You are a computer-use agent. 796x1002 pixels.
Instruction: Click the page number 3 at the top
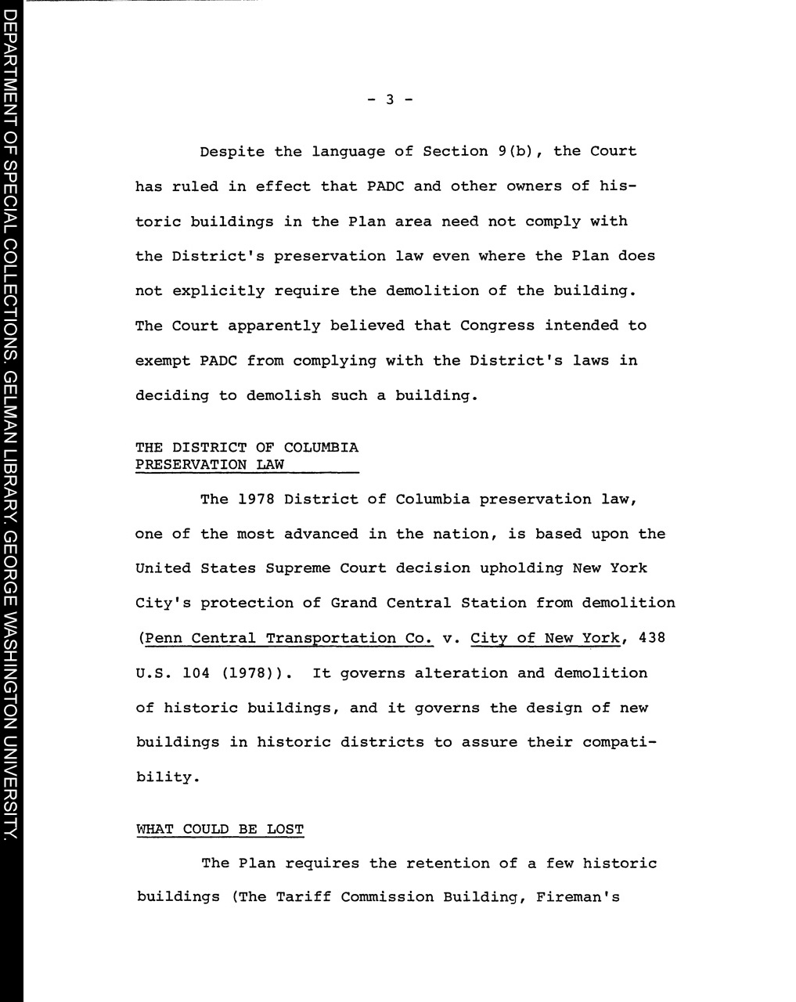point(389,99)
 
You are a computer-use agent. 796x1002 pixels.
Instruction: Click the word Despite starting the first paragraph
point(232,152)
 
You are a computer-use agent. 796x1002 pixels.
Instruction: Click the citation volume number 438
point(652,638)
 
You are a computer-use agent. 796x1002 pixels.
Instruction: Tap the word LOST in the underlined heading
point(285,830)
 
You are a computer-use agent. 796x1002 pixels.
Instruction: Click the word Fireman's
point(578,897)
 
